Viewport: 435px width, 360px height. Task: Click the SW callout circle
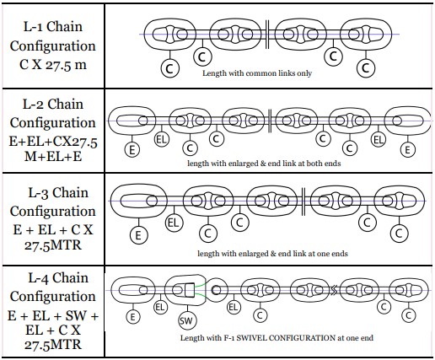click(x=187, y=320)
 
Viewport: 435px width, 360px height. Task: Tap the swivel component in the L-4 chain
click(x=185, y=290)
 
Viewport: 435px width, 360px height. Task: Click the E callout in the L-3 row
click(x=138, y=235)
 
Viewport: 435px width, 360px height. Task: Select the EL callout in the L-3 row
click(x=174, y=223)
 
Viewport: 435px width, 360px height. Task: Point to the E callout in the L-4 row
click(x=132, y=317)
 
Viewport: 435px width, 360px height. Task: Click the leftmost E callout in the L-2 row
click(x=132, y=150)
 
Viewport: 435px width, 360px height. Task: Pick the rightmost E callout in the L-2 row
click(x=407, y=150)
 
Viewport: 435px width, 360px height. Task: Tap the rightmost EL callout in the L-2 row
click(x=379, y=139)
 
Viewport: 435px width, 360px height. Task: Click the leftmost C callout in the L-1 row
click(x=169, y=68)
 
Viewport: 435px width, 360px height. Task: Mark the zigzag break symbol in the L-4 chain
click(x=333, y=290)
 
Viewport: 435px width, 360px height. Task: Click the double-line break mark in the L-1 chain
click(x=267, y=35)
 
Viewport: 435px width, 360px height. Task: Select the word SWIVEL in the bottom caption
click(x=252, y=337)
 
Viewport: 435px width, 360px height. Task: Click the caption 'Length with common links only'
click(x=257, y=73)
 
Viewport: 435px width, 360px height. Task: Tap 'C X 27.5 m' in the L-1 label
click(x=53, y=65)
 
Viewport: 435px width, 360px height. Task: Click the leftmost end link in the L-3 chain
click(x=138, y=201)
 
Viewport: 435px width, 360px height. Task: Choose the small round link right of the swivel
click(x=217, y=290)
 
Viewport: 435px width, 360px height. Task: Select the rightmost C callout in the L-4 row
click(x=408, y=315)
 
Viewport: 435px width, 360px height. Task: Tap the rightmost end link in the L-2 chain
click(x=407, y=121)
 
